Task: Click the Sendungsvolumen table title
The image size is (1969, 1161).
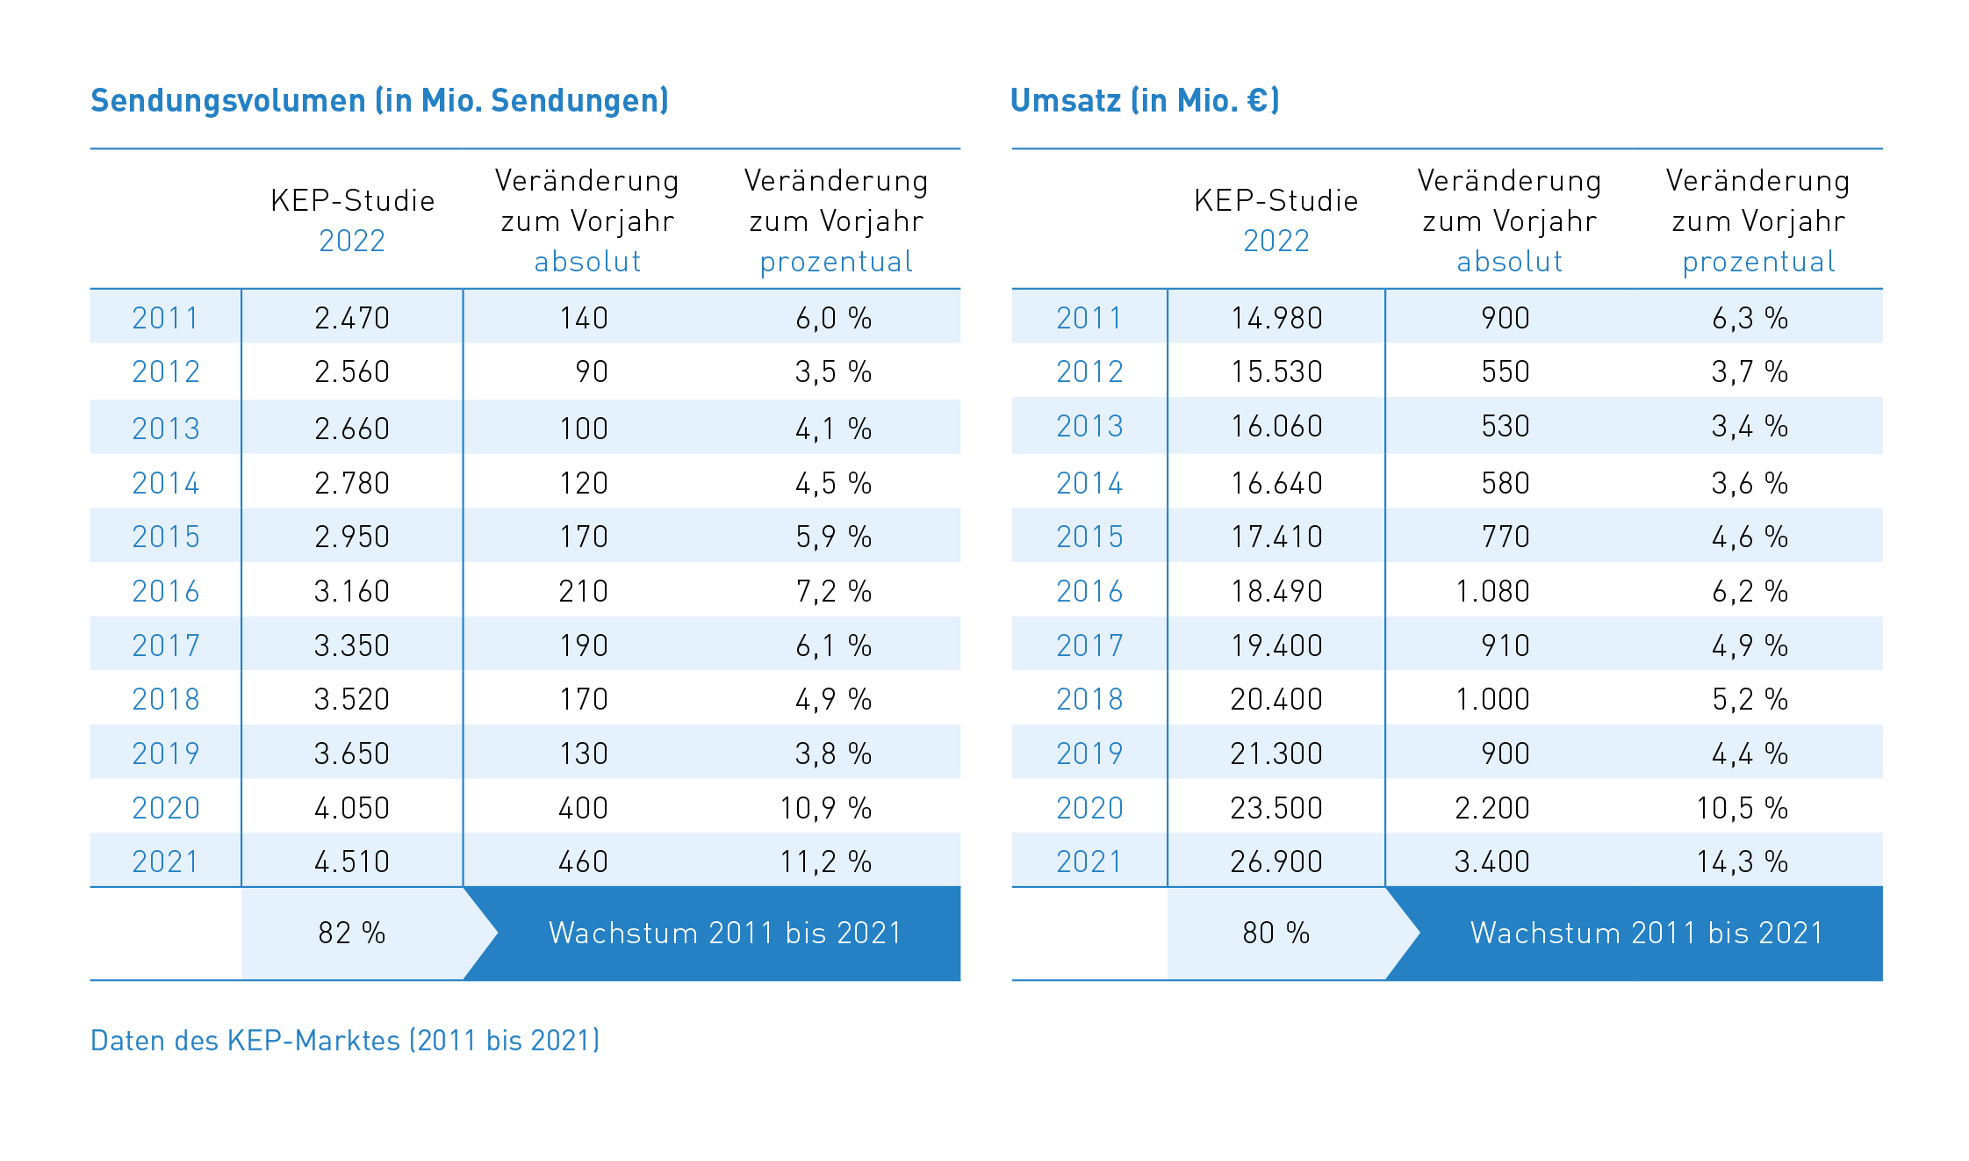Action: [379, 101]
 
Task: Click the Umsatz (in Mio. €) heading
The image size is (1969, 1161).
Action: [1145, 101]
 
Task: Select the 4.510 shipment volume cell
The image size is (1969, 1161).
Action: [352, 862]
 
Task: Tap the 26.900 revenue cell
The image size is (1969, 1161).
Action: [1276, 862]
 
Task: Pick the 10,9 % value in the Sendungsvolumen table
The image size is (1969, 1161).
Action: [825, 808]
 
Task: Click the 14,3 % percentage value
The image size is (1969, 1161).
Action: [1742, 862]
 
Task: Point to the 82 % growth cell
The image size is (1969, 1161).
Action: [352, 933]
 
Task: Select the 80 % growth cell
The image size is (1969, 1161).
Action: [1276, 933]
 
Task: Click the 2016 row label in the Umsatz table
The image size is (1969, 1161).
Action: [1089, 591]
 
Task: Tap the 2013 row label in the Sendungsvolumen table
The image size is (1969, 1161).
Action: [166, 429]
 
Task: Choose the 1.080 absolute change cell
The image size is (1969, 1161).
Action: [1492, 591]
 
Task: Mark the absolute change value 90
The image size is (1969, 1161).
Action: [592, 371]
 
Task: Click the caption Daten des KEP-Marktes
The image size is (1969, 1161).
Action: [345, 1041]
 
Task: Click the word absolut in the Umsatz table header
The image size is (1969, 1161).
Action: [1510, 262]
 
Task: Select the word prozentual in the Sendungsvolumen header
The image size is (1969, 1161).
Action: [836, 262]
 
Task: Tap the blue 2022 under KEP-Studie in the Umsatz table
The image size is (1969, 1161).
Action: [1276, 241]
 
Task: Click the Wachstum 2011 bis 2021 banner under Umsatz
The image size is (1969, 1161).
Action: [1647, 933]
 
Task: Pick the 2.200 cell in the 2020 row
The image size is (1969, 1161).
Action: [1492, 808]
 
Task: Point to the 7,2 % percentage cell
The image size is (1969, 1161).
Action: [833, 591]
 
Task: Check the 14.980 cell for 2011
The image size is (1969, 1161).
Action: [1276, 318]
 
